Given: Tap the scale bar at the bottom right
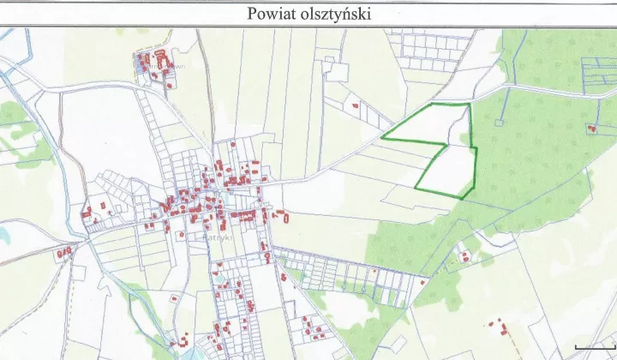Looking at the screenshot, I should click(593, 346).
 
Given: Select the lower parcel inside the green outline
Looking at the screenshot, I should click(450, 169).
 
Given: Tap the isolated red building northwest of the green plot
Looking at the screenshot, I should click(355, 105).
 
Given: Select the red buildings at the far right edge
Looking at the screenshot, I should click(591, 129).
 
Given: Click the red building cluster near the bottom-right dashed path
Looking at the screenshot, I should click(496, 328).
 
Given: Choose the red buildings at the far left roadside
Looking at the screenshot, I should click(63, 253).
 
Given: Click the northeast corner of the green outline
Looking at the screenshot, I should click(469, 105).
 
